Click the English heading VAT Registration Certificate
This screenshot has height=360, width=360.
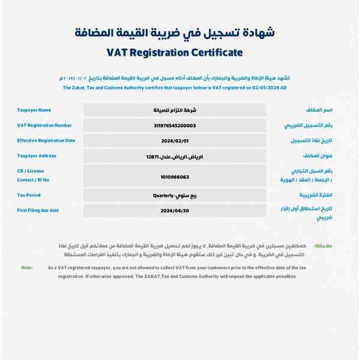coord(175,52)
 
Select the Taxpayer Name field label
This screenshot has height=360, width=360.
coord(34,110)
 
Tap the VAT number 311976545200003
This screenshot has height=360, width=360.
coord(175,125)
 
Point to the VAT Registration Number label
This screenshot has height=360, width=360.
coord(44,125)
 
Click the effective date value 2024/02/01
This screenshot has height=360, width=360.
coord(175,141)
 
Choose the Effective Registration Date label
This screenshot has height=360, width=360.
coord(46,141)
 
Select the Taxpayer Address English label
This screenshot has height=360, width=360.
coord(37,156)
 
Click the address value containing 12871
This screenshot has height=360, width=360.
coord(175,157)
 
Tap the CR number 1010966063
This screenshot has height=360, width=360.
coord(175,177)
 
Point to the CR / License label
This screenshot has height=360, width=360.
coord(31,171)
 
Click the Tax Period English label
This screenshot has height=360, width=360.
coord(29,195)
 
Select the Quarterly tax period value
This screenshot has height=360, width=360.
coord(175,195)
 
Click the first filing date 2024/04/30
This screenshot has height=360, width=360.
coord(175,211)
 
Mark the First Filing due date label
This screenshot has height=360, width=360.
coord(38,210)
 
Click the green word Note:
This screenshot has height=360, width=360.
coord(27,268)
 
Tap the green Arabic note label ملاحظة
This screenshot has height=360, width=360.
coord(323,246)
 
